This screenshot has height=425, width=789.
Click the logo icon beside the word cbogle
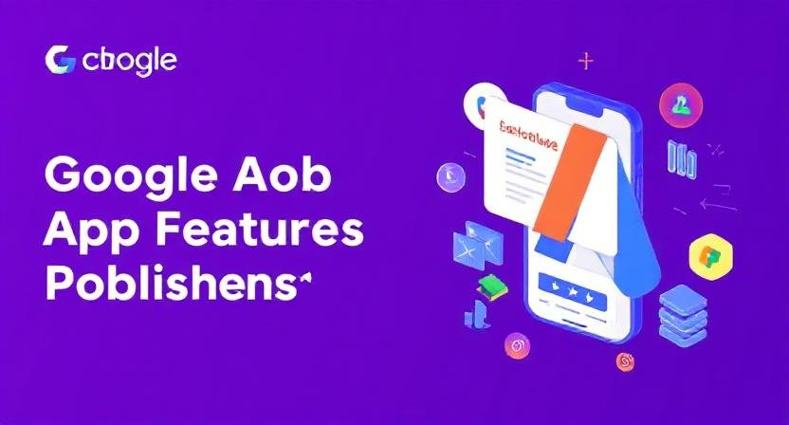[60, 61]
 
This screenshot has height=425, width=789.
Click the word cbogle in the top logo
[129, 62]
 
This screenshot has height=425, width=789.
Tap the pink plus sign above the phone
[586, 62]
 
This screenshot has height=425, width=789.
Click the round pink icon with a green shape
[679, 101]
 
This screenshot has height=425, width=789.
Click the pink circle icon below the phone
[517, 343]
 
